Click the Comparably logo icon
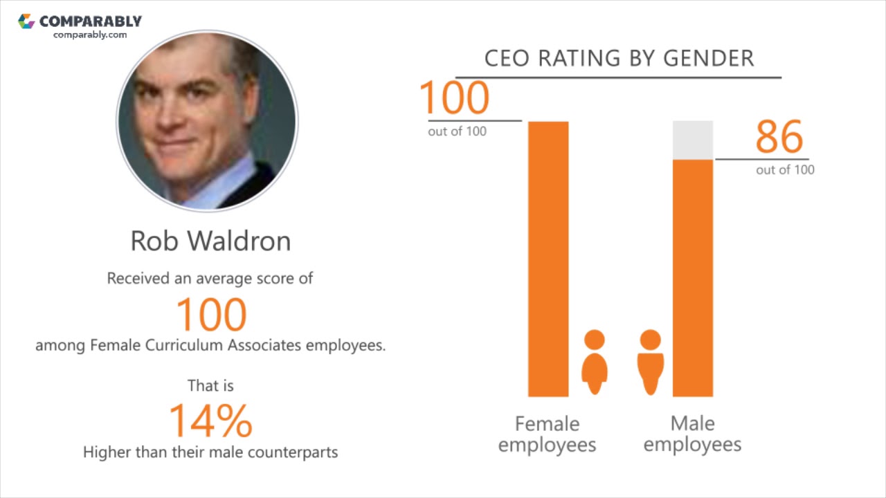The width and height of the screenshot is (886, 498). point(26,21)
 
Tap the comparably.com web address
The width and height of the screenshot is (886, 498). point(90,35)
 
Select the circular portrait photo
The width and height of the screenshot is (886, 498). point(207,121)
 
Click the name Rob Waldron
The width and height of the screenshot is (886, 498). point(210,241)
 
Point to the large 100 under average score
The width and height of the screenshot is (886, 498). point(211,314)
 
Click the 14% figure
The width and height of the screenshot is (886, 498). point(210,421)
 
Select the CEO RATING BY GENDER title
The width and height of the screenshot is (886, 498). point(619,59)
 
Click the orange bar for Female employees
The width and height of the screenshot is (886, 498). point(548,259)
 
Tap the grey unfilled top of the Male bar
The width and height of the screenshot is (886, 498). point(693,140)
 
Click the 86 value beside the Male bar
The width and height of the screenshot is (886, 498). point(779,137)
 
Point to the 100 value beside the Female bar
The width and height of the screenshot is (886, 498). point(454,98)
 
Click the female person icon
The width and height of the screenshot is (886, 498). point(594,361)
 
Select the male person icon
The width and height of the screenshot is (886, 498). point(650,361)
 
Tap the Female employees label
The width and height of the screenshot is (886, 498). point(547,434)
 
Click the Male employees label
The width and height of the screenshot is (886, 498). point(692,434)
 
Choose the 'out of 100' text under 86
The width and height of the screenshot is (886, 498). point(785,170)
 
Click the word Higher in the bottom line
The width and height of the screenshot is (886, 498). point(106,452)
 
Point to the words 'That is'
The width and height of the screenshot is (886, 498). point(210,385)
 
